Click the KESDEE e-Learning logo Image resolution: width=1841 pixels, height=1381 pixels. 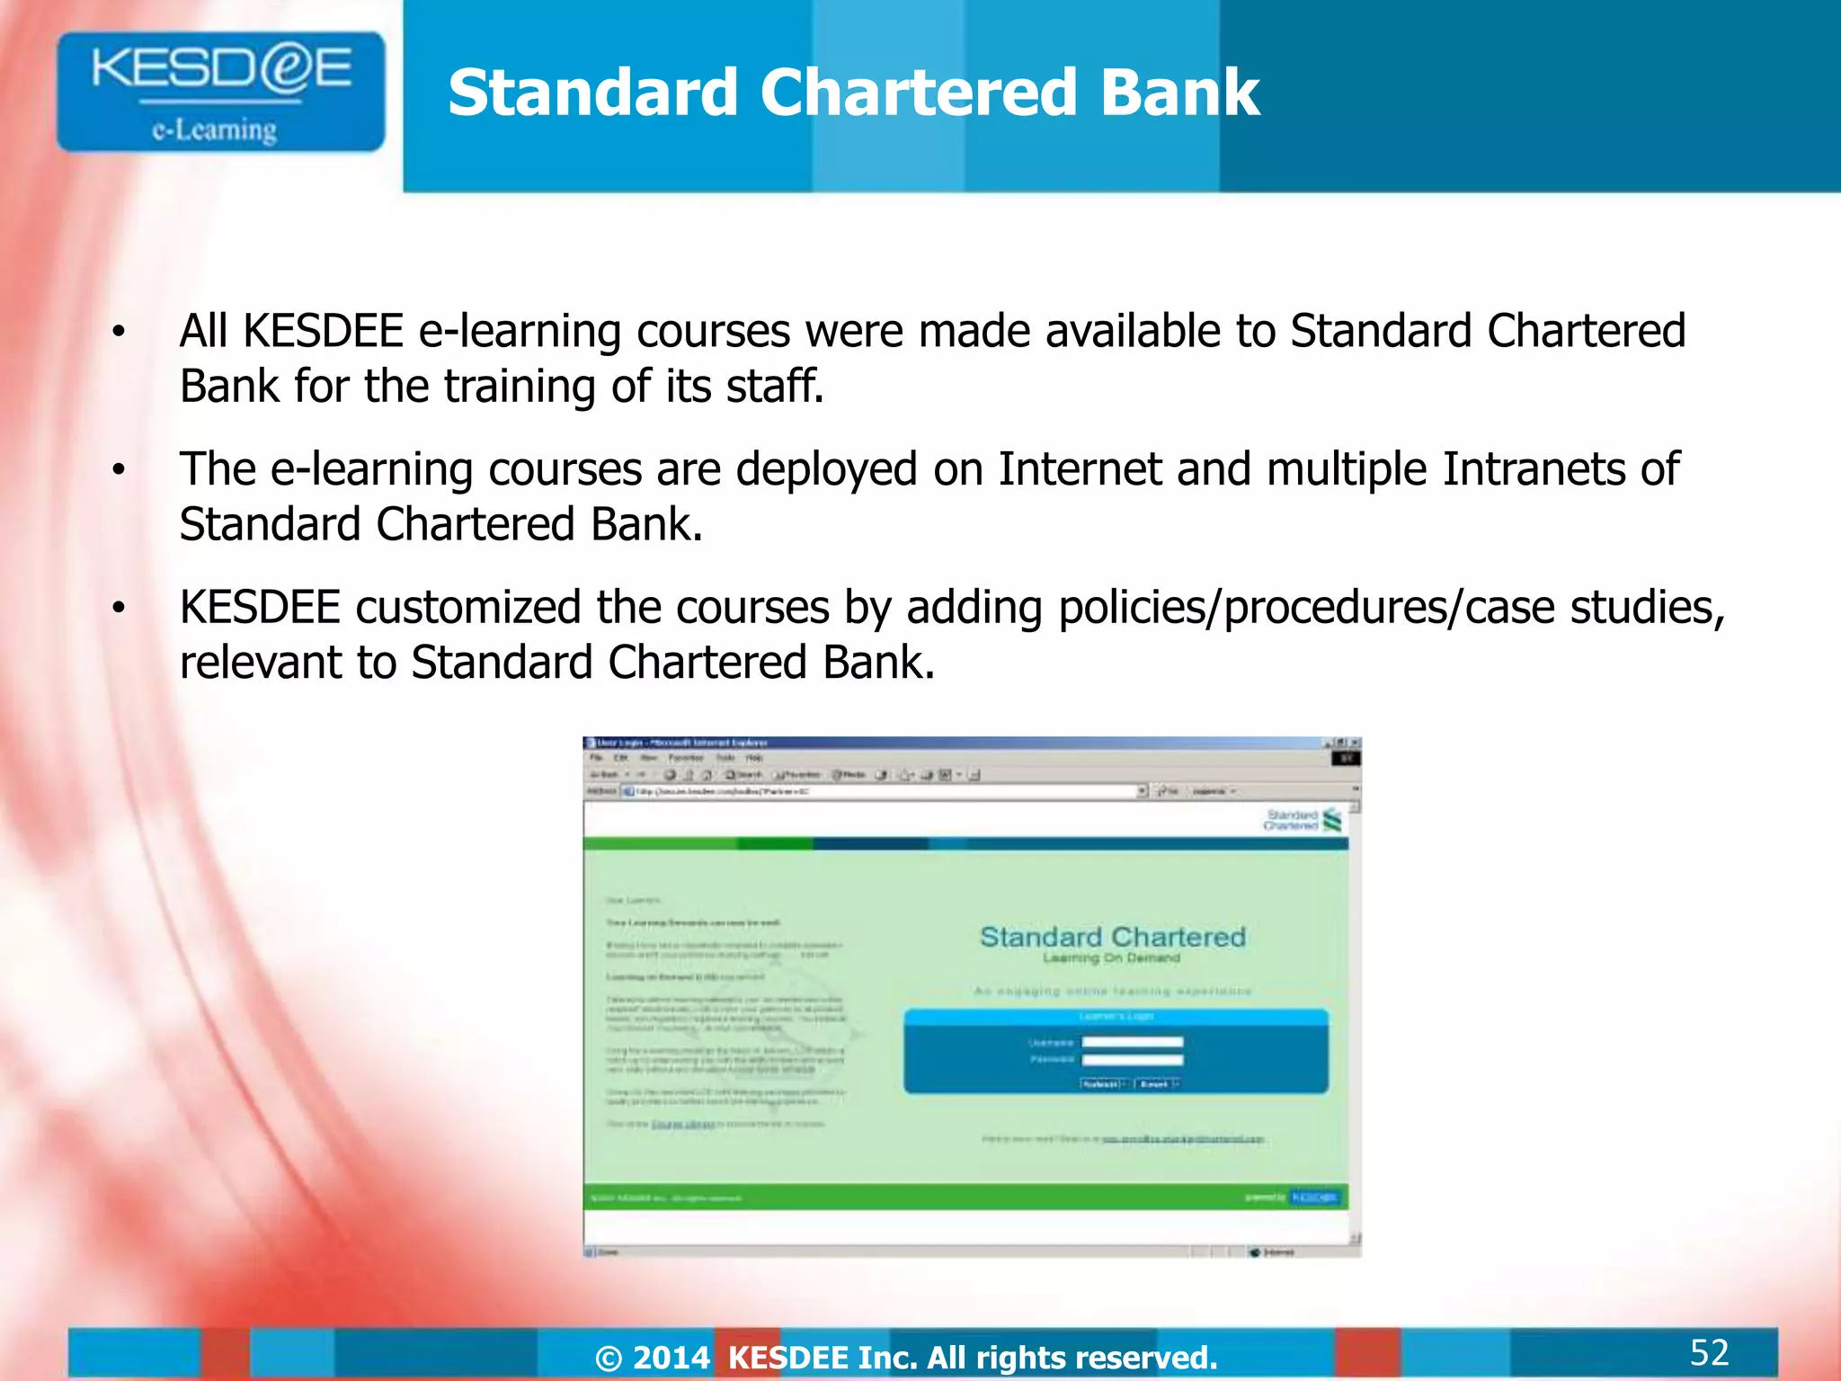220,92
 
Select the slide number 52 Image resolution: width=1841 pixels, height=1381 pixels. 1709,1352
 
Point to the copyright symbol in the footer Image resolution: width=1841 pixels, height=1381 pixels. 609,1359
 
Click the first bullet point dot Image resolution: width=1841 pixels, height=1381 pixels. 118,333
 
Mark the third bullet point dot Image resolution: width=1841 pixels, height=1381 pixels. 118,609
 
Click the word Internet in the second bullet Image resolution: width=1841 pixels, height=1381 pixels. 1080,469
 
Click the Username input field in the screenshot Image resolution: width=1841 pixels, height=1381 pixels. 1132,1042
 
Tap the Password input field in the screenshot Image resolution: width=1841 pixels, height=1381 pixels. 1132,1060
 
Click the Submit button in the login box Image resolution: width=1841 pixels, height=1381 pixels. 1103,1084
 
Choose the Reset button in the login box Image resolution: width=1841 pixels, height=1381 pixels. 1155,1084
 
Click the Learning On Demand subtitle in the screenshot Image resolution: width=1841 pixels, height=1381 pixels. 1111,958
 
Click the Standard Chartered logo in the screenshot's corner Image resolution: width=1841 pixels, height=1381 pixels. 1303,819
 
